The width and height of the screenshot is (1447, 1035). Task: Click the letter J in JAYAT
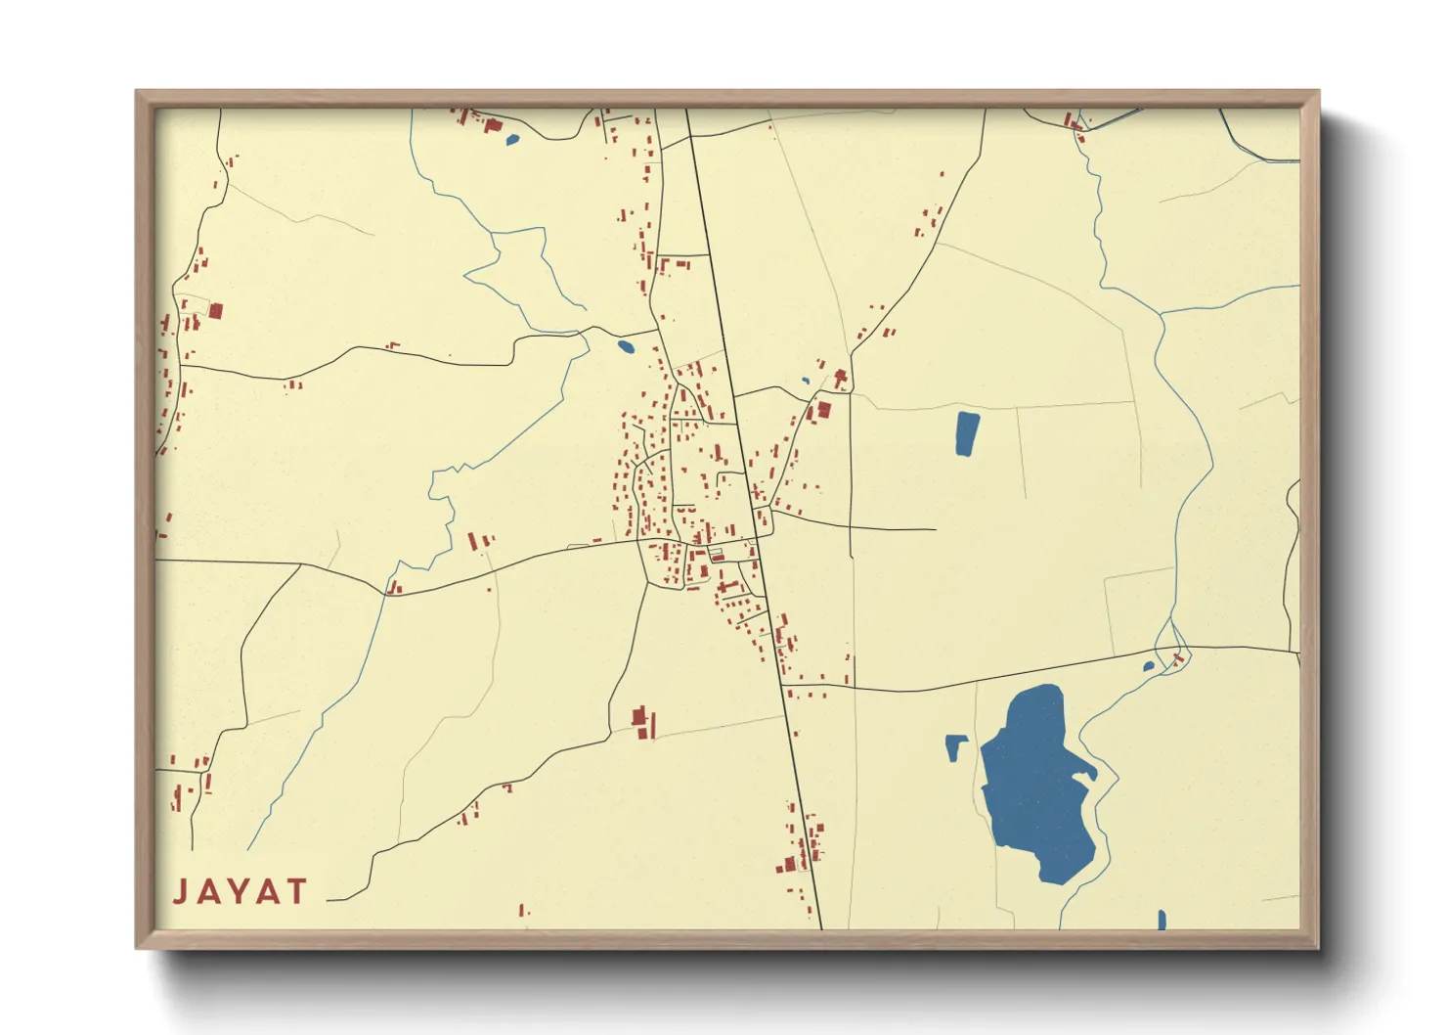[x=181, y=892]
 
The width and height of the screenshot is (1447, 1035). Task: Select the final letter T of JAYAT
[x=295, y=892]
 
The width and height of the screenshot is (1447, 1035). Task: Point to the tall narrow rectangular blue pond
[x=966, y=433]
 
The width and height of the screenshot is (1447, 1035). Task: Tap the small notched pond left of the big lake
[x=954, y=747]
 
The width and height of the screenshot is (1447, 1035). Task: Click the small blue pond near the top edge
[x=511, y=139]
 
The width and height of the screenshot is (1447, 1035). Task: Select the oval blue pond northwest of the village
[x=626, y=345]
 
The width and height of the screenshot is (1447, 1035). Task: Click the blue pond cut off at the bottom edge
[x=1162, y=921]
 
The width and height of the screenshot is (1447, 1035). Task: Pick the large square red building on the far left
[x=216, y=311]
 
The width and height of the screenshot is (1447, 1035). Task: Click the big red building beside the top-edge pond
[x=493, y=125]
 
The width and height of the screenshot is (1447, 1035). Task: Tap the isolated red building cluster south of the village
[x=642, y=723]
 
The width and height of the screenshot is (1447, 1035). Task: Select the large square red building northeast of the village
[x=823, y=410]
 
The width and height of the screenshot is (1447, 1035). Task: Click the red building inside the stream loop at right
[x=1177, y=658]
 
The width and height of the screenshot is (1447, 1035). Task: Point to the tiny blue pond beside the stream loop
[x=1149, y=667]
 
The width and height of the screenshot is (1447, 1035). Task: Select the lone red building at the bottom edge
[x=521, y=910]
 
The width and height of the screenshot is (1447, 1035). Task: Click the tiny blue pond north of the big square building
[x=806, y=381]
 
